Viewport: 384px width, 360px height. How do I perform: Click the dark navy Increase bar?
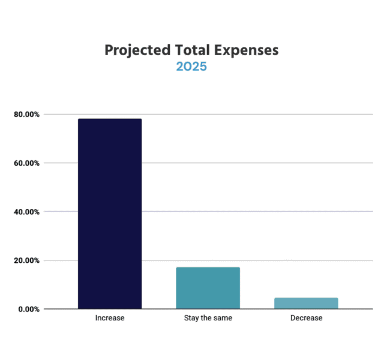pyautogui.click(x=110, y=214)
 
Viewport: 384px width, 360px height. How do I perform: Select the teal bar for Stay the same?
pyautogui.click(x=208, y=288)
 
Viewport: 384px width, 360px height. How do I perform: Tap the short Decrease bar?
pyautogui.click(x=306, y=303)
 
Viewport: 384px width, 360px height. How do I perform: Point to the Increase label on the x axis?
pyautogui.click(x=110, y=318)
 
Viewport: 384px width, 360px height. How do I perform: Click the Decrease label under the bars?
pyautogui.click(x=306, y=318)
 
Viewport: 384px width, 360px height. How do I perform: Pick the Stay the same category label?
pyautogui.click(x=208, y=318)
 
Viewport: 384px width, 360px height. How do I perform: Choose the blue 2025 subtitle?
pyautogui.click(x=191, y=67)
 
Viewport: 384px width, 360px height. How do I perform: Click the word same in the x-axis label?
pyautogui.click(x=223, y=318)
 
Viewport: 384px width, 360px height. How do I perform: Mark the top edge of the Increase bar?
pyautogui.click(x=110, y=119)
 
